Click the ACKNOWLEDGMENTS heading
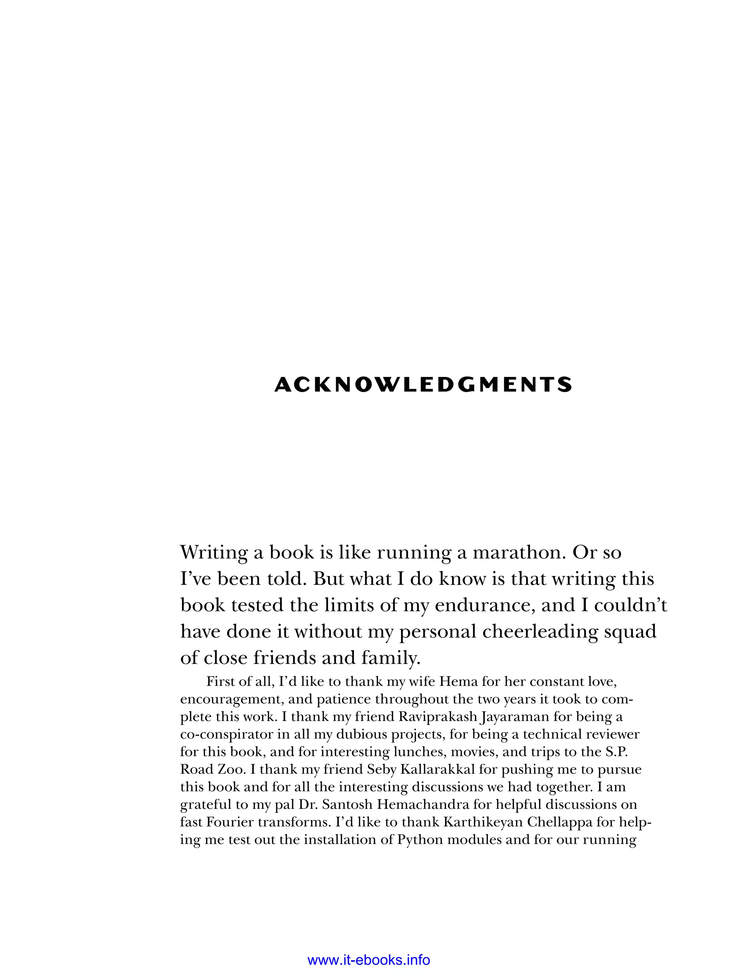pyautogui.click(x=423, y=385)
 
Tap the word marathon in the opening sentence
pyautogui.click(x=519, y=552)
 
